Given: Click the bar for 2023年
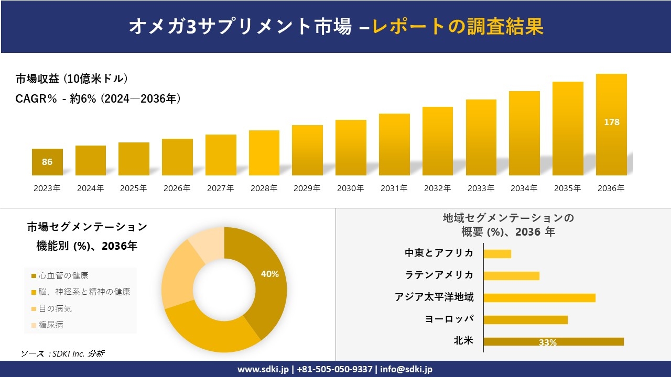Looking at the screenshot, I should (x=47, y=162).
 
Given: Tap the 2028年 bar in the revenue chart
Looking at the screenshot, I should (x=264, y=153).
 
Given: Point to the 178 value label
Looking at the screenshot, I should (x=611, y=122).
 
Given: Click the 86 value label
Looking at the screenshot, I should (x=47, y=162).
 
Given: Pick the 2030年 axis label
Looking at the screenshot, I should (x=350, y=188).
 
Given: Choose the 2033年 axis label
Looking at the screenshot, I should (x=480, y=188).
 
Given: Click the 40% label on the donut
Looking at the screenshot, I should (x=270, y=274).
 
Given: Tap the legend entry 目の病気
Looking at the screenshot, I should (x=55, y=308).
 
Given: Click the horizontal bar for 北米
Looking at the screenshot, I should (x=553, y=341).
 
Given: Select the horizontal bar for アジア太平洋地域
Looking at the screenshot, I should (x=539, y=297).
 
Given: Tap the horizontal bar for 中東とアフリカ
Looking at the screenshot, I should (x=497, y=253).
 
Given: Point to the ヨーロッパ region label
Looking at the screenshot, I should (x=449, y=319).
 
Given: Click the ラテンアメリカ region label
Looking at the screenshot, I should (x=439, y=275).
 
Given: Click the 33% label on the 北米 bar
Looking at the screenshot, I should (x=547, y=342).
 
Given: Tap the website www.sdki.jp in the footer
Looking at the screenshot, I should (x=262, y=369).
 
